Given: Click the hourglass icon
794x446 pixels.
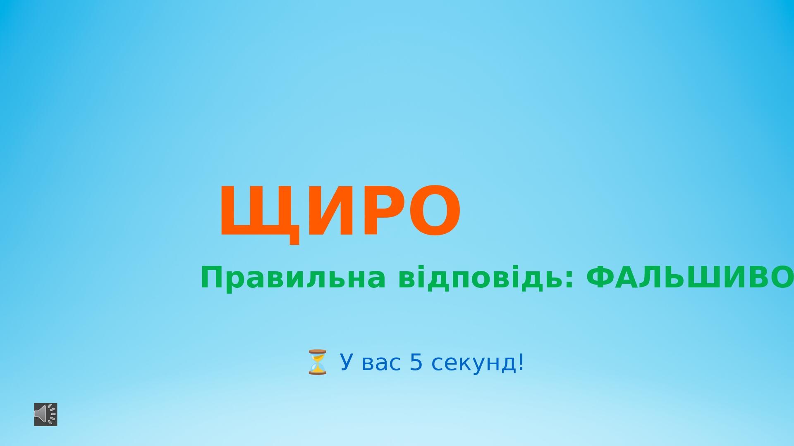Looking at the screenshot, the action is [317, 362].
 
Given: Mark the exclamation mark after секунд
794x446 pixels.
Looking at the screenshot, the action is [520, 362].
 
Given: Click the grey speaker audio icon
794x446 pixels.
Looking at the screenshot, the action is [45, 414].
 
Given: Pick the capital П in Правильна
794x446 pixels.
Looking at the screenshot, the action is [211, 278].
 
